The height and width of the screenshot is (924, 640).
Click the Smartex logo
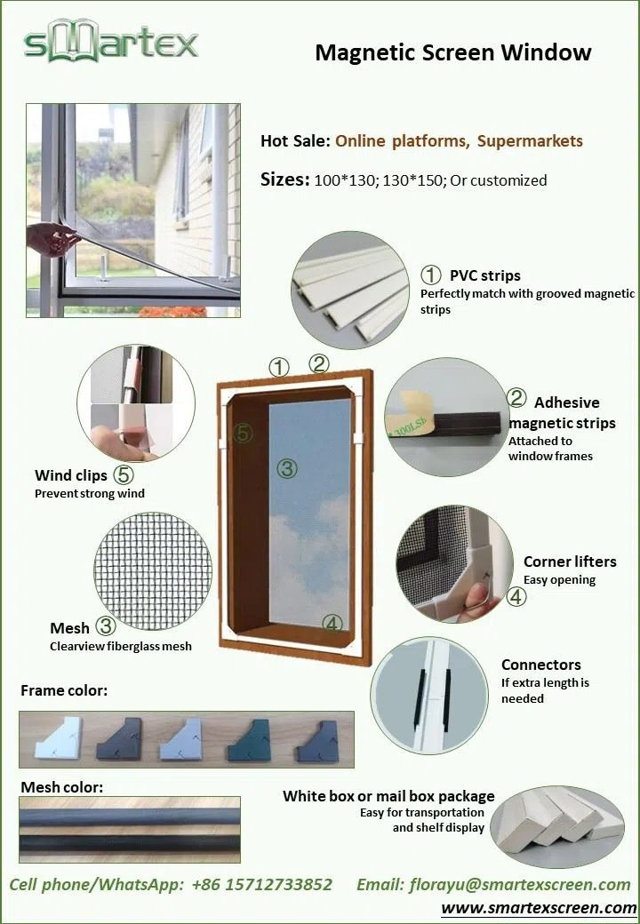click(x=111, y=40)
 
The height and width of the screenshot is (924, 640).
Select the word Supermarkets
click(x=530, y=141)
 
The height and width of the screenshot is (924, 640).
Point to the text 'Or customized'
click(x=499, y=180)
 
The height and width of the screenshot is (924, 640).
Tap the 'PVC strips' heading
click(x=485, y=275)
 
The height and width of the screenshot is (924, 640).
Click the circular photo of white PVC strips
click(x=350, y=290)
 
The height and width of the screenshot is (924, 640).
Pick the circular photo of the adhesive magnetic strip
click(x=446, y=417)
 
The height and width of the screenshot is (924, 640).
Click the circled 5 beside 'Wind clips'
click(x=124, y=474)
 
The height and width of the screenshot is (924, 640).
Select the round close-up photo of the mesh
click(x=153, y=571)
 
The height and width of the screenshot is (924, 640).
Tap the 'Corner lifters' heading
click(x=570, y=562)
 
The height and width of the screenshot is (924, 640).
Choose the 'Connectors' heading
click(x=541, y=665)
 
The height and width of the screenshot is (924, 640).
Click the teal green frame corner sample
click(x=249, y=739)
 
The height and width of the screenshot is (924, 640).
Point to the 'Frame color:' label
click(x=64, y=690)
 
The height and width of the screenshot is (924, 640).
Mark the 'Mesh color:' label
click(x=62, y=787)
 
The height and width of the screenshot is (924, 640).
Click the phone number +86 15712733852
click(x=262, y=885)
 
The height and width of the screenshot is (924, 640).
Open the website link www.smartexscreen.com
click(x=539, y=907)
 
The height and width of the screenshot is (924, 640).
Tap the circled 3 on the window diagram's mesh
click(x=287, y=468)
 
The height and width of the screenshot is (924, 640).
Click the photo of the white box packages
click(x=557, y=827)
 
